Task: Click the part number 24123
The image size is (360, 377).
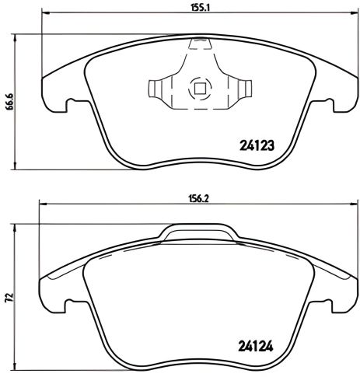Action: point(258,145)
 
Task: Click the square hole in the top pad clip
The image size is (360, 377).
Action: point(200,89)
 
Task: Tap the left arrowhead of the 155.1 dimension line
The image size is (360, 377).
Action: point(44,14)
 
